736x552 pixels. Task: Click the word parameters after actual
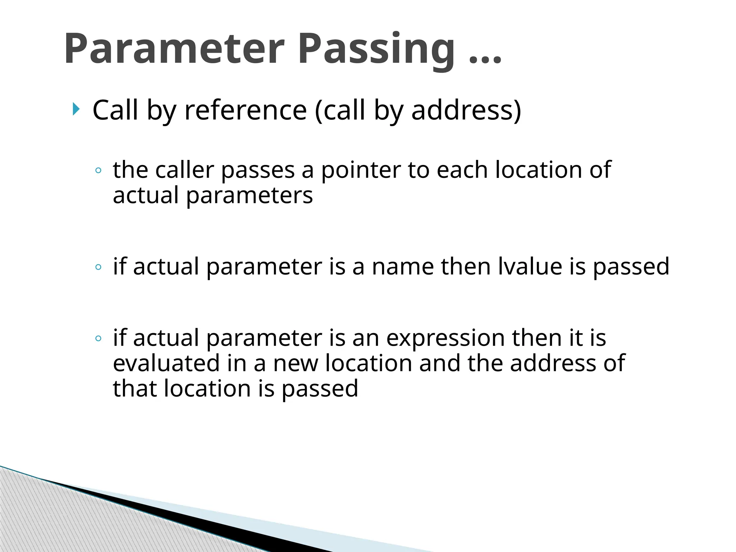pos(249,196)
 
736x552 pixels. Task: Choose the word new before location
pos(296,364)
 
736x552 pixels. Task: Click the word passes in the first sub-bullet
pos(258,170)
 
